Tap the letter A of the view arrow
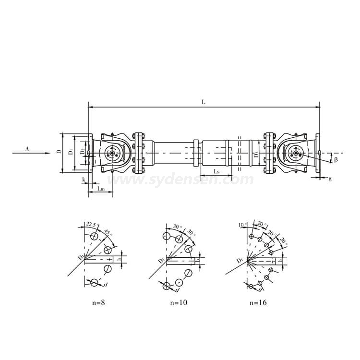(x=27, y=149)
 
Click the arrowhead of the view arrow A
(x=48, y=154)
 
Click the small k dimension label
(x=84, y=180)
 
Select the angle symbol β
(x=336, y=159)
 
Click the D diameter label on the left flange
(x=58, y=152)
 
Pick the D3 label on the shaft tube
(x=256, y=154)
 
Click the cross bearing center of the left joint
(x=112, y=154)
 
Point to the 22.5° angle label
(x=91, y=224)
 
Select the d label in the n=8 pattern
(x=105, y=286)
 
